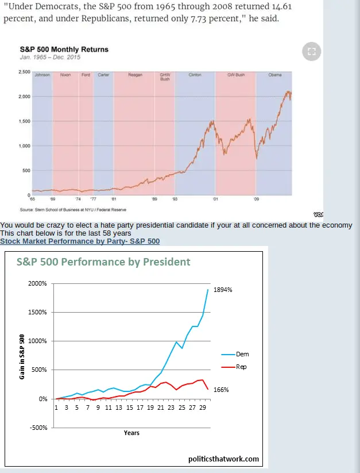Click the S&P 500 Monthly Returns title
click(x=64, y=49)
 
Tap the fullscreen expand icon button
click(x=311, y=52)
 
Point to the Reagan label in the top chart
click(x=136, y=75)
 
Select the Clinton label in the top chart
click(x=195, y=75)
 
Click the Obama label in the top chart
click(x=274, y=75)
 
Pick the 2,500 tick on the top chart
click(x=24, y=72)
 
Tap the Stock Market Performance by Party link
click(x=80, y=241)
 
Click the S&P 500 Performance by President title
click(x=103, y=262)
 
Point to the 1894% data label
click(x=223, y=290)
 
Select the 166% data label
click(x=221, y=390)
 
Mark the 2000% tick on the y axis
click(x=37, y=284)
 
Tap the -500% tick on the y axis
click(x=38, y=427)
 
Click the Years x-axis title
click(x=131, y=433)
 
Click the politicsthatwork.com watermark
click(x=223, y=459)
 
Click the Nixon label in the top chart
click(x=65, y=75)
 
